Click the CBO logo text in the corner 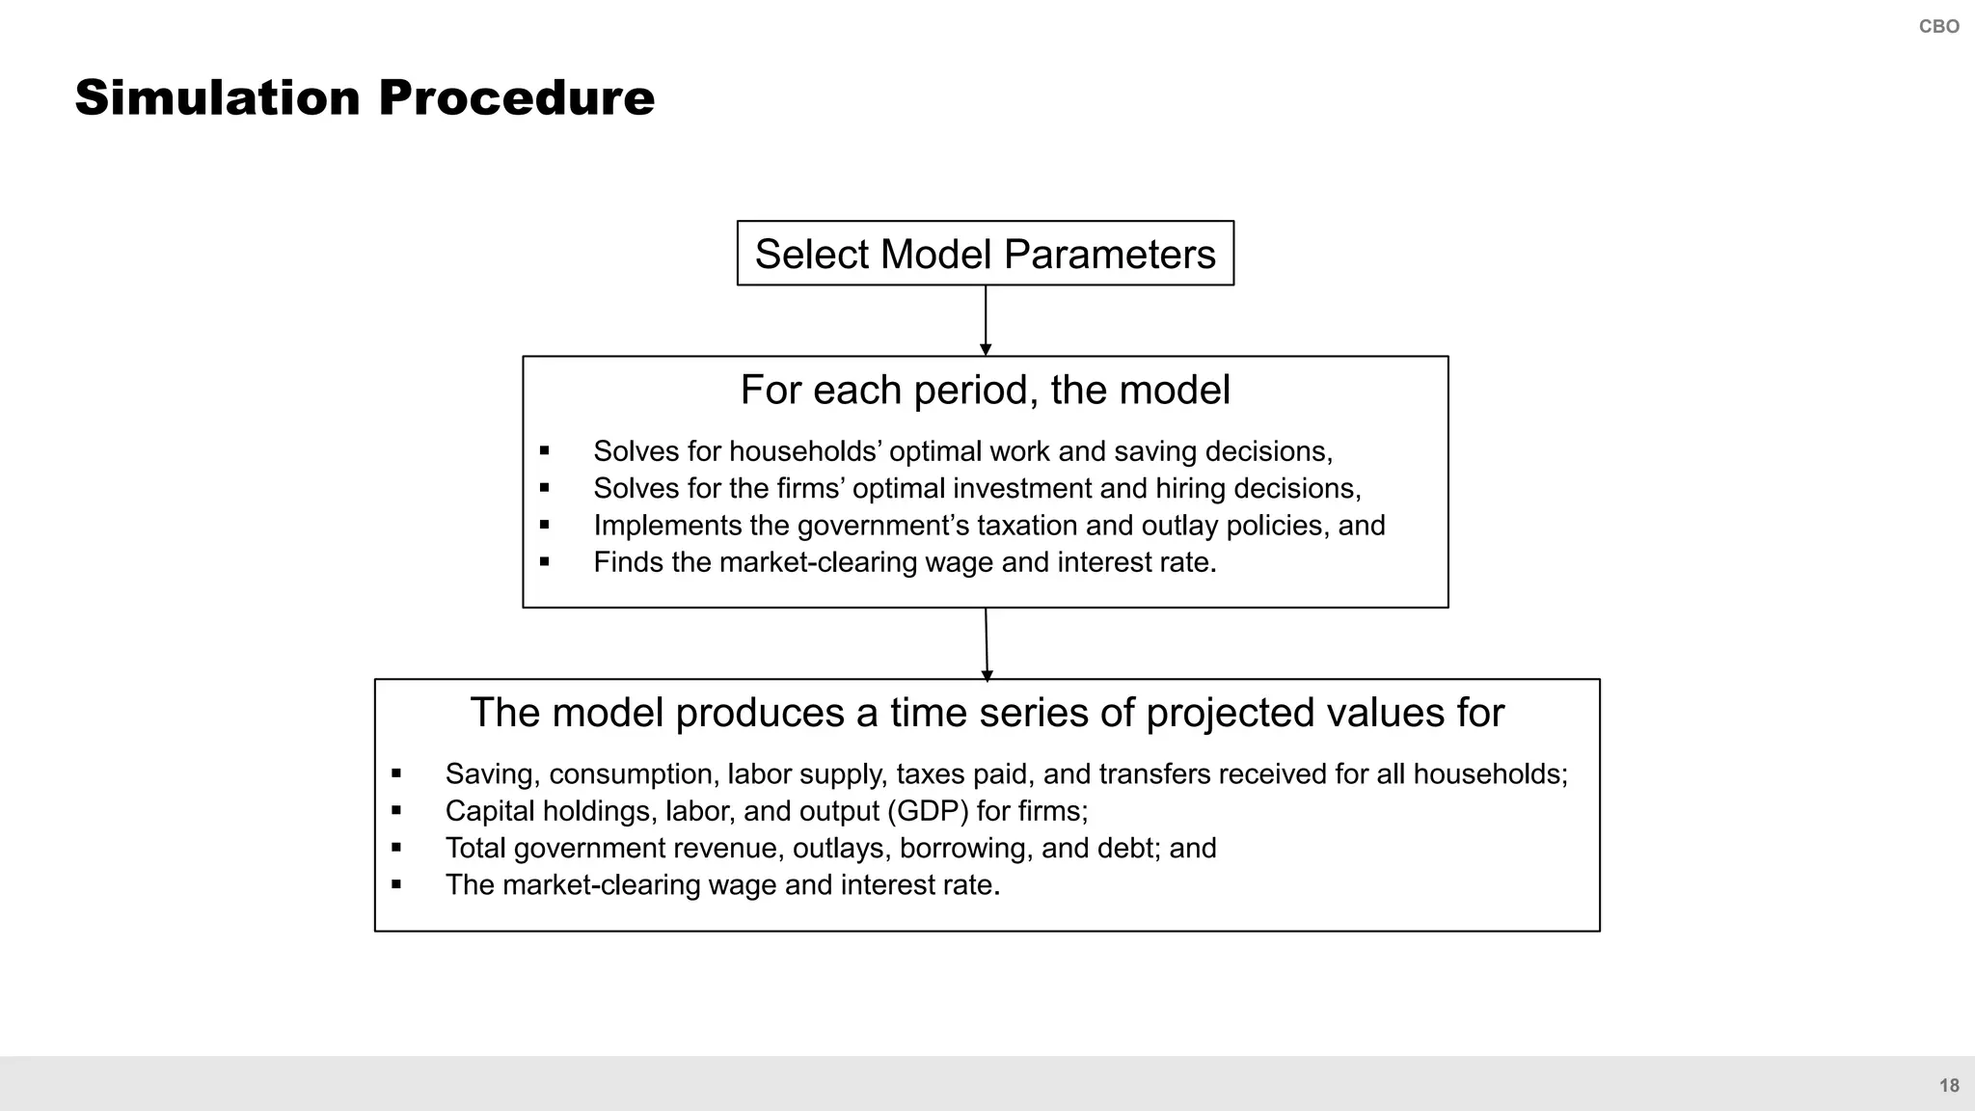(1938, 27)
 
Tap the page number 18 (1949, 1086)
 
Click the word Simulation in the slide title (217, 98)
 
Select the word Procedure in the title (516, 98)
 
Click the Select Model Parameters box (985, 254)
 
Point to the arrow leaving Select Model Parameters (986, 321)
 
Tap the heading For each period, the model (985, 391)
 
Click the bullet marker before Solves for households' (545, 450)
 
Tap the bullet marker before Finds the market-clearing (545, 561)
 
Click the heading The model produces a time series (987, 713)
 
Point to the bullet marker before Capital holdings (396, 810)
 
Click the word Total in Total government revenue (475, 849)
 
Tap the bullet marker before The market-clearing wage (396, 884)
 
